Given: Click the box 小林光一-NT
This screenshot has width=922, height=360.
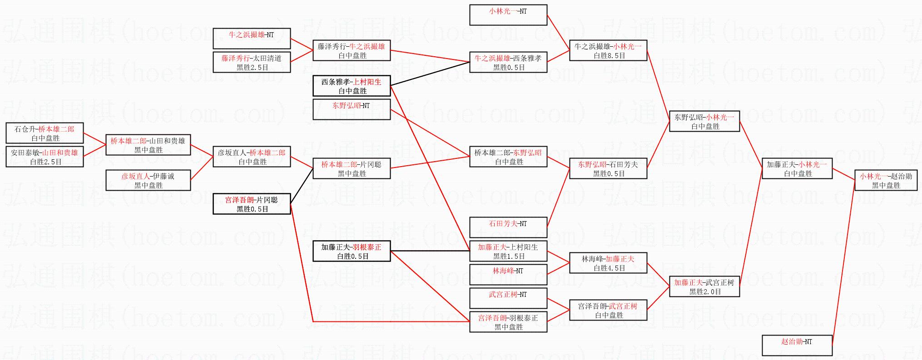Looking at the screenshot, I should tap(508, 15).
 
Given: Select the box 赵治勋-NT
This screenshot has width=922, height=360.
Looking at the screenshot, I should tap(797, 345).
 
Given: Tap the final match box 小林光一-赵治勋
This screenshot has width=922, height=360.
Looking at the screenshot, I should tap(886, 180).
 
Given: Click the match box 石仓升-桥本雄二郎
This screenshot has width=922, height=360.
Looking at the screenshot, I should tap(45, 133).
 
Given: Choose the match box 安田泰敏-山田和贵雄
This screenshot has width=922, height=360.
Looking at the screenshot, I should tap(45, 157).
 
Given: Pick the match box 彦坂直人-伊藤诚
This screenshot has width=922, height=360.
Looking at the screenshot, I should tap(148, 180).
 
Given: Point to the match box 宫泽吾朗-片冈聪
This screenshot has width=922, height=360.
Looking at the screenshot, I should tap(252, 204).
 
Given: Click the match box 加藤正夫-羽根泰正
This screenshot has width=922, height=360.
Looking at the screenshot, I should tap(352, 251).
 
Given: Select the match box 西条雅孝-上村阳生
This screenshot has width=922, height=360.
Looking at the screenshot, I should tap(352, 86).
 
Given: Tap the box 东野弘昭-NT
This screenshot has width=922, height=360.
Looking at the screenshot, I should tap(352, 109).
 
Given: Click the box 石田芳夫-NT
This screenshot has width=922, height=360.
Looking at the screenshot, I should tap(508, 227).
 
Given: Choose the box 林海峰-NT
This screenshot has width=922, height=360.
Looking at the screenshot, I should tap(508, 275).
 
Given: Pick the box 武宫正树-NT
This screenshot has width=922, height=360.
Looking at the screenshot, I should tap(508, 298).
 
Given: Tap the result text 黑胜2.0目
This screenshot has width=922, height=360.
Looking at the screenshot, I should tap(705, 292).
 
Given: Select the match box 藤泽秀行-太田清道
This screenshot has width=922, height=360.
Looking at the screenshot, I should tap(252, 62).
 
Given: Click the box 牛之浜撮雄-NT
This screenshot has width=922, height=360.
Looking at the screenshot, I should tap(252, 39).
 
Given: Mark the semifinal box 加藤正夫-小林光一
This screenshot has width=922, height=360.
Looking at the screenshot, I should tap(797, 168).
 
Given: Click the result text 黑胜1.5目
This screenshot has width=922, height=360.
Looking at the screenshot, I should tap(509, 256).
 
